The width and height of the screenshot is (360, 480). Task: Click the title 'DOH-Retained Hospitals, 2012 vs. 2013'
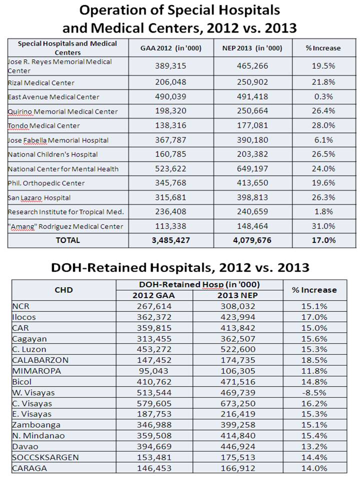click(x=180, y=267)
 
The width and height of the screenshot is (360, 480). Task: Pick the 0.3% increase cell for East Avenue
click(x=322, y=96)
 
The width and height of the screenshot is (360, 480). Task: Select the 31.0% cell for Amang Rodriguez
click(x=322, y=226)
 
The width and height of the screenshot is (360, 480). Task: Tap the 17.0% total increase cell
click(x=322, y=240)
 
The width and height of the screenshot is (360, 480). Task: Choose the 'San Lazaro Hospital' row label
click(x=39, y=197)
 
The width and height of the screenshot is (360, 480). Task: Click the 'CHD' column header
click(x=63, y=289)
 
